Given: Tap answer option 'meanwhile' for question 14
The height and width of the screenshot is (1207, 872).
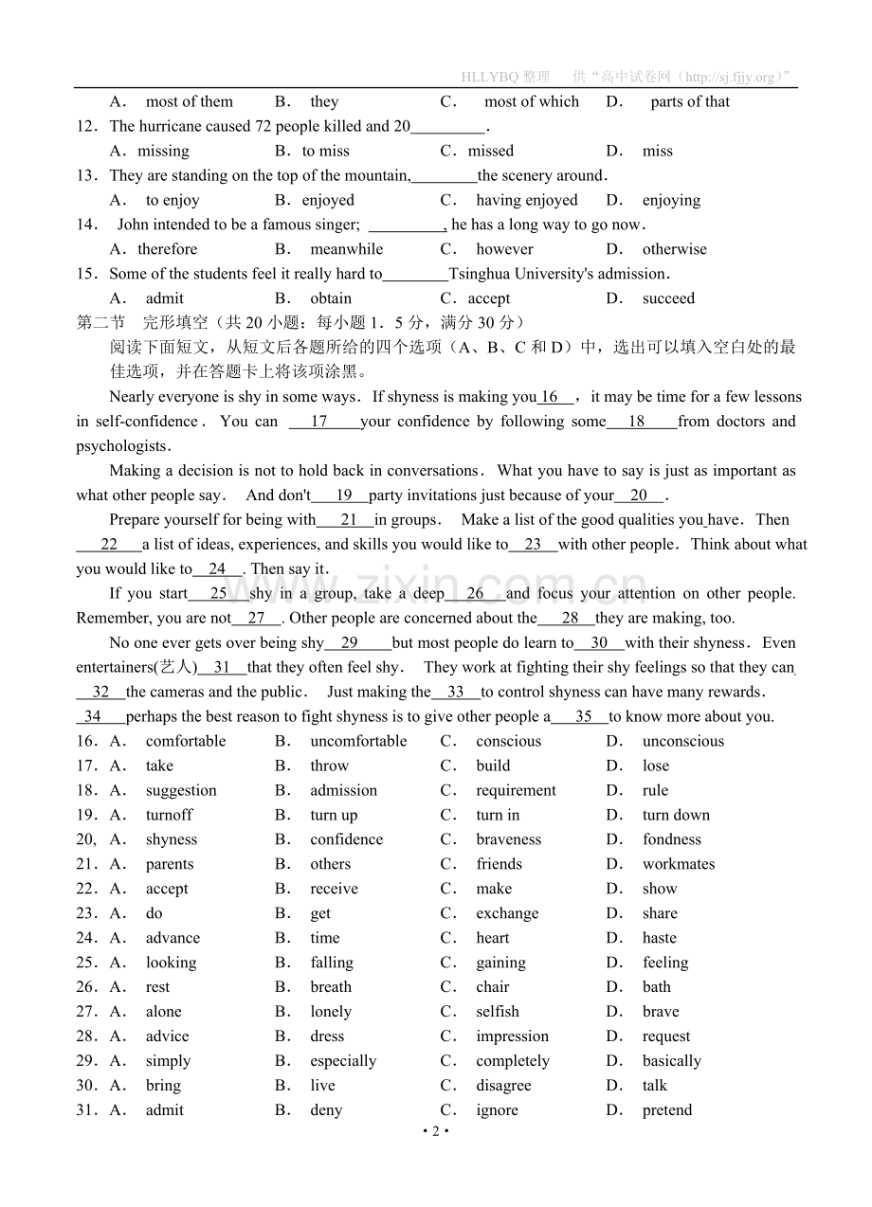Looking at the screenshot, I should pos(347,249).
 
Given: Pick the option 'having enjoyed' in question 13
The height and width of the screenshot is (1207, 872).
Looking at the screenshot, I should pos(527,200).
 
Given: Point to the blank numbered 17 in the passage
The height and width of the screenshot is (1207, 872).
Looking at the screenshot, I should pos(319,422).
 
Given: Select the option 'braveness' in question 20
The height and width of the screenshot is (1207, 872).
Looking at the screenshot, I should pos(509,839).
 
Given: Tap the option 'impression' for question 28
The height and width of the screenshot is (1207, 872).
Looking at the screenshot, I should pos(513,1036).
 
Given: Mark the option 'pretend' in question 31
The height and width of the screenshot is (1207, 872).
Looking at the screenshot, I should pos(667,1110).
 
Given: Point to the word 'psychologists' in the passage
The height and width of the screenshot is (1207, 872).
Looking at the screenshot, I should pos(122,446).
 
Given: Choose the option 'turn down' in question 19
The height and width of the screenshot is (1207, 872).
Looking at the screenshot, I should pos(676,815).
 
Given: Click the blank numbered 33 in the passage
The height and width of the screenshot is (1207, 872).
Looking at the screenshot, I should pos(456,693).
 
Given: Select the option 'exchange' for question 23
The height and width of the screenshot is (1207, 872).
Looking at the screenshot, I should pos(507,913).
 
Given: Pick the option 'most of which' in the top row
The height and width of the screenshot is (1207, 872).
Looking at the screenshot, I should pos(532,101).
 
